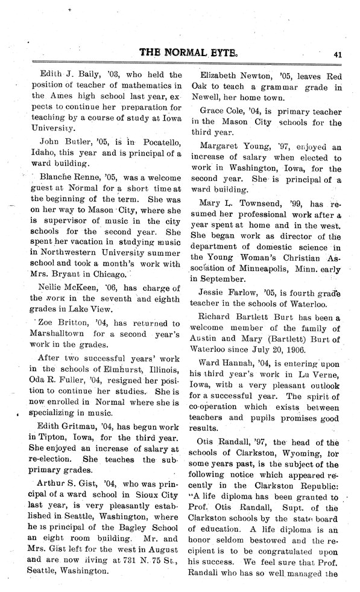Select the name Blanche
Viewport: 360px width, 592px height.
[57, 179]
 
